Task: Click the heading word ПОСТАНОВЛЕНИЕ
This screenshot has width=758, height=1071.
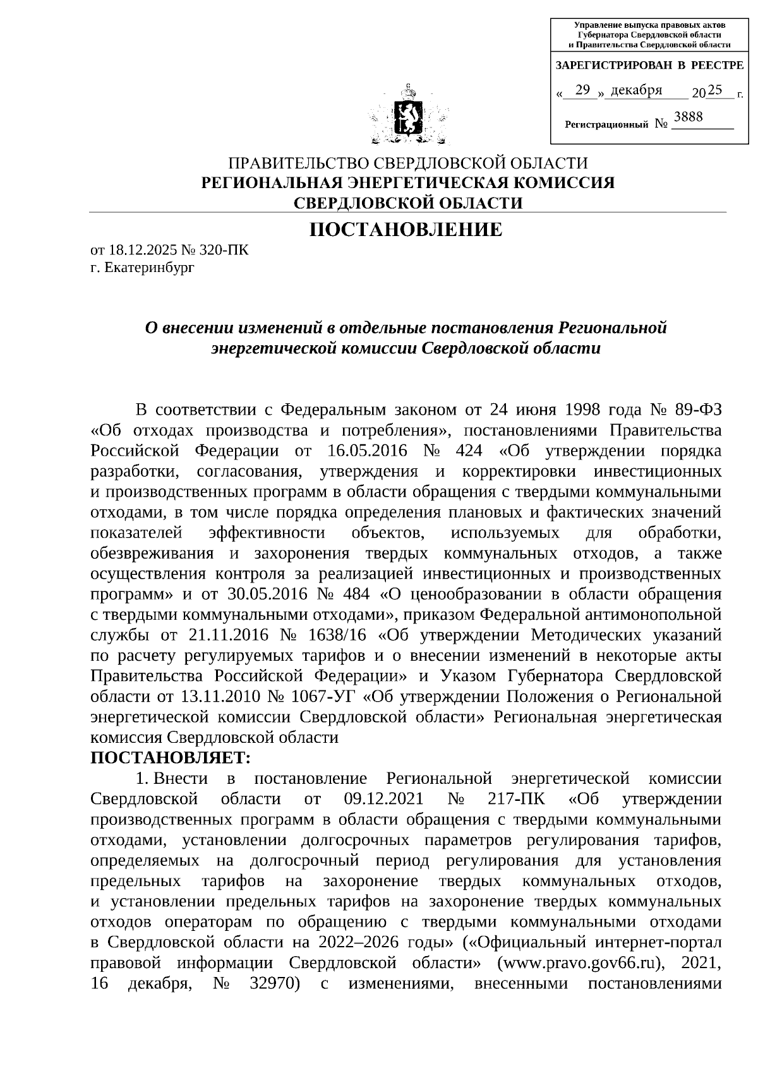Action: pyautogui.click(x=405, y=230)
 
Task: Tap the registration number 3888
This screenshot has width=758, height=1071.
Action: pyautogui.click(x=689, y=117)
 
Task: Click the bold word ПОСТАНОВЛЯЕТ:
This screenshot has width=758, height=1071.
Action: pyautogui.click(x=171, y=757)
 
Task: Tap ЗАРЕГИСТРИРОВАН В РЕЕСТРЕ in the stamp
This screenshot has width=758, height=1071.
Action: pyautogui.click(x=649, y=66)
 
